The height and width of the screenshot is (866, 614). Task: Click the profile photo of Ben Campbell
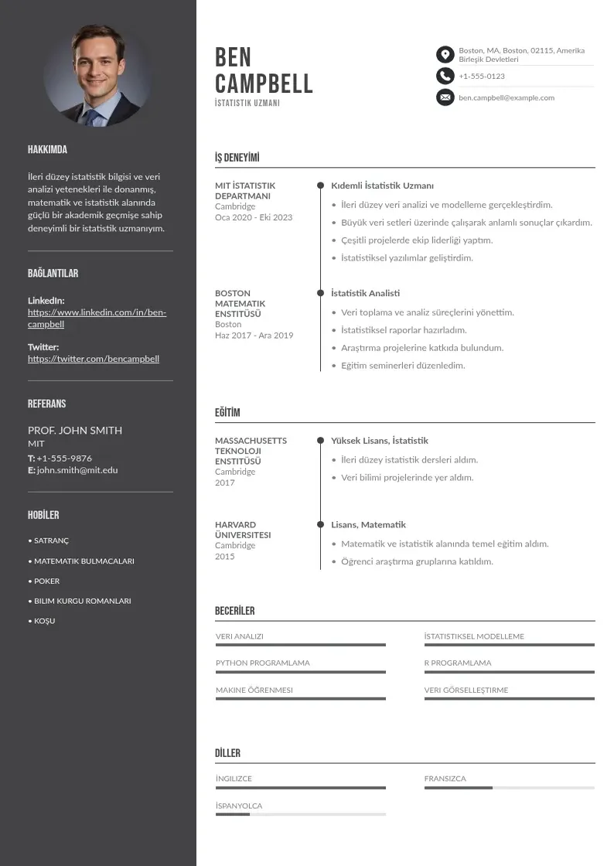click(98, 75)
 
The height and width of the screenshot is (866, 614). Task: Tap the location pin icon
click(445, 54)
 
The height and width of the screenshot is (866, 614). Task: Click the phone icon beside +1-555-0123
click(445, 76)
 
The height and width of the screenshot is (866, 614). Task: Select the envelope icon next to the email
click(445, 97)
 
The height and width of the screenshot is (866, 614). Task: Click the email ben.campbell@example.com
click(507, 98)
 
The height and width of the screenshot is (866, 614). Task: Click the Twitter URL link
click(94, 359)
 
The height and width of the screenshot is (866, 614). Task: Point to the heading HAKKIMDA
click(47, 150)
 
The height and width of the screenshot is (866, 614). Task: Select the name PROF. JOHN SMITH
click(75, 431)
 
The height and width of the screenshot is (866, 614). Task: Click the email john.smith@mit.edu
click(77, 470)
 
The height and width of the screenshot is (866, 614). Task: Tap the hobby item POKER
click(46, 581)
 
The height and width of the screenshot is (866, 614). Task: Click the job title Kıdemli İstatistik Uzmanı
click(382, 186)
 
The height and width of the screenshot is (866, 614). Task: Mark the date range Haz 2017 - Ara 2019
click(254, 336)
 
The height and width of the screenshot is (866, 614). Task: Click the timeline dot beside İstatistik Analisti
click(320, 293)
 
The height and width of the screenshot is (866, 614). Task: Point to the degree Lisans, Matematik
click(368, 524)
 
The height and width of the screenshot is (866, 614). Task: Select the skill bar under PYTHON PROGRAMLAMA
click(300, 672)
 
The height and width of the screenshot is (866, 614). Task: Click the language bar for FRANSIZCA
click(509, 788)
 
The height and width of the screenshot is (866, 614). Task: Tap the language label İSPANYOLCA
click(239, 806)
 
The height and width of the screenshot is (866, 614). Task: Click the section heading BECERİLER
click(234, 611)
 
